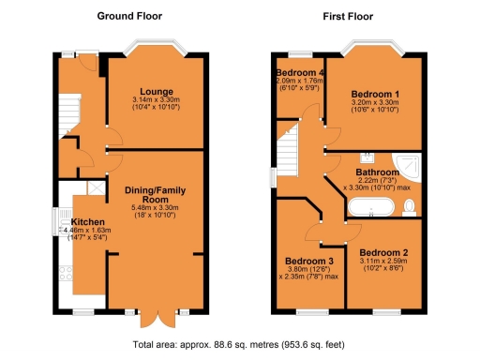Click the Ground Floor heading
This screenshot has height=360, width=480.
coord(129,17)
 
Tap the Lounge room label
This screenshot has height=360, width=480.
coord(155,91)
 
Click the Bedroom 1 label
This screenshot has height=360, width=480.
coord(375,95)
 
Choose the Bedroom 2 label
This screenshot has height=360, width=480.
coord(383,253)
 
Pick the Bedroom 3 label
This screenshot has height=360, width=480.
coord(309,260)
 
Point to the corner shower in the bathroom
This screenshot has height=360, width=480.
coord(411,165)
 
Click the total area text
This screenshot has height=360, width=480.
coord(239,344)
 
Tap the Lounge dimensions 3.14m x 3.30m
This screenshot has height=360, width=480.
coord(155,100)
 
